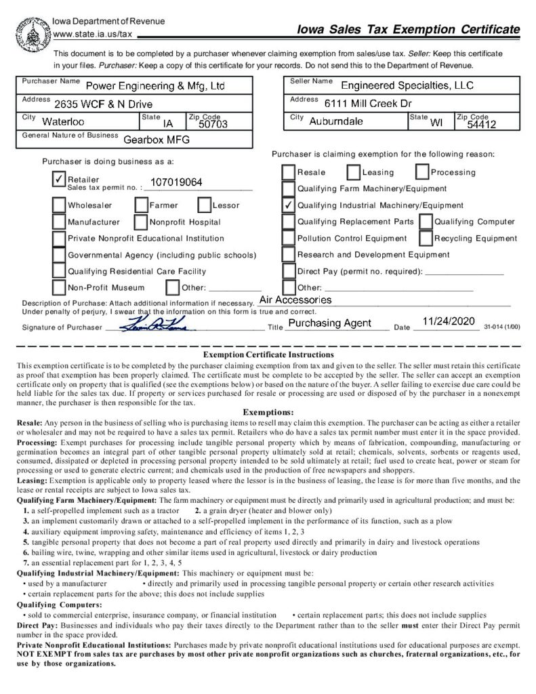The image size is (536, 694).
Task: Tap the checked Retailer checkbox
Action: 59,178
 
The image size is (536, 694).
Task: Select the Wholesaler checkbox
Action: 59,205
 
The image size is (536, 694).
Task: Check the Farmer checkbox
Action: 141,205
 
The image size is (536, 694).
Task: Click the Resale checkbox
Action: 288,172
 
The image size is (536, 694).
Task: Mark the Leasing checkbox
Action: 353,172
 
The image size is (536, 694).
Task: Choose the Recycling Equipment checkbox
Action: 425,238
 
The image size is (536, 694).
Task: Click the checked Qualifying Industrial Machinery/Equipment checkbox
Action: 288,205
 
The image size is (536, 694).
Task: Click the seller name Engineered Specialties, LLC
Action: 407,85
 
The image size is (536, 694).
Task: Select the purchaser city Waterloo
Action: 63,123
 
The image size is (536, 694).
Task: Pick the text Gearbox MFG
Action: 157,141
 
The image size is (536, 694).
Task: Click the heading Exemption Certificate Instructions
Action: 268,354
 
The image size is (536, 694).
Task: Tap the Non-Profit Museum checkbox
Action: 59,287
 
